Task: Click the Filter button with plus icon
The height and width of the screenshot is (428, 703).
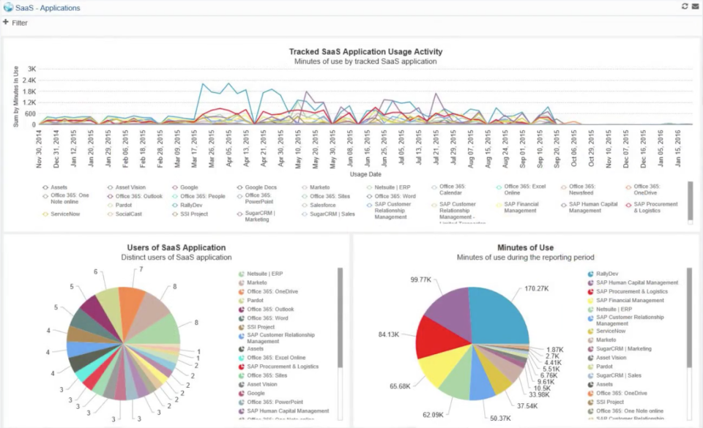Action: [x=15, y=23]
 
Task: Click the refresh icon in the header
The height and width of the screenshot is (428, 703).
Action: [x=685, y=7]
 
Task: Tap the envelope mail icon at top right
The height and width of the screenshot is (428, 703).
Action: [x=695, y=7]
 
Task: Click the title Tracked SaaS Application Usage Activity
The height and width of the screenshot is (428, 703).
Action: [x=365, y=52]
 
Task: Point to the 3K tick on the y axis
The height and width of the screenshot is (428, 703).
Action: [x=31, y=70]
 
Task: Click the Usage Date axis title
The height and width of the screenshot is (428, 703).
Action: [x=365, y=175]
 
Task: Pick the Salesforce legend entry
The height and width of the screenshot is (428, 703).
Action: [x=322, y=205]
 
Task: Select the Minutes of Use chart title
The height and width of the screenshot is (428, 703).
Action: [x=525, y=248]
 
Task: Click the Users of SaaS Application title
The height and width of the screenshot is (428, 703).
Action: [x=176, y=248]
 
